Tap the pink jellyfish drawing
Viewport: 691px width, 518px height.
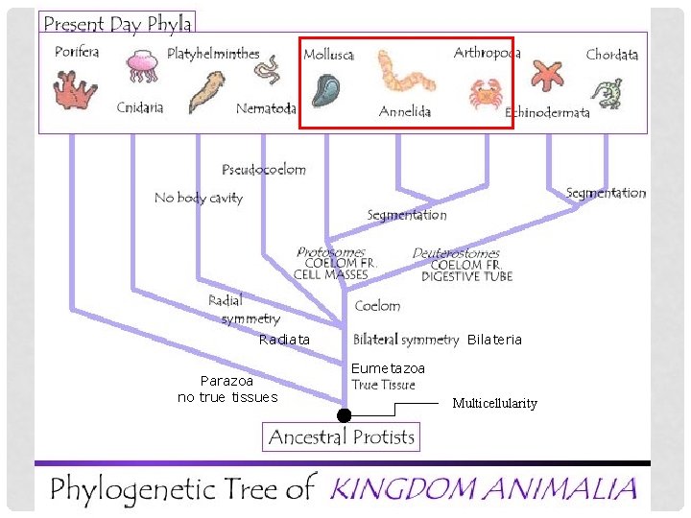click(x=141, y=67)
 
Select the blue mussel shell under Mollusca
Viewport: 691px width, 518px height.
click(x=325, y=89)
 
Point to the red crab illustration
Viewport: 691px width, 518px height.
click(x=483, y=94)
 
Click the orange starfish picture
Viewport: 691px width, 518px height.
click(x=548, y=74)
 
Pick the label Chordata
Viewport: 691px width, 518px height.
click(x=611, y=55)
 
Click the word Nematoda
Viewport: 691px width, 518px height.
click(x=266, y=108)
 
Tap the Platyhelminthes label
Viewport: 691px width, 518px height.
click(x=213, y=54)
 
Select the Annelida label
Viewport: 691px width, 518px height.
click(x=405, y=111)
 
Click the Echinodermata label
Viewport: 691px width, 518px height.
click(x=548, y=113)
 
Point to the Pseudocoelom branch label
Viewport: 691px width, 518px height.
click(x=264, y=170)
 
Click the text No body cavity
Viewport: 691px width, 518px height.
click(x=199, y=199)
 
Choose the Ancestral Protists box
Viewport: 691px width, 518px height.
click(x=342, y=437)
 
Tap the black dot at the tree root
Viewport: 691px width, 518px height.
click(x=344, y=415)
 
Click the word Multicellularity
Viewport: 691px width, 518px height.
click(x=494, y=404)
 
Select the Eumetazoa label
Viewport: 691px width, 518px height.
click(x=388, y=368)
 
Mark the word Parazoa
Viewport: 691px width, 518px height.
click(x=226, y=381)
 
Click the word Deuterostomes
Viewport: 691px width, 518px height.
click(x=456, y=253)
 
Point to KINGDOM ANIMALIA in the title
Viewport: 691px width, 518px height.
click(x=483, y=489)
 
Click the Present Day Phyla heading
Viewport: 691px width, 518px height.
click(x=118, y=23)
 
